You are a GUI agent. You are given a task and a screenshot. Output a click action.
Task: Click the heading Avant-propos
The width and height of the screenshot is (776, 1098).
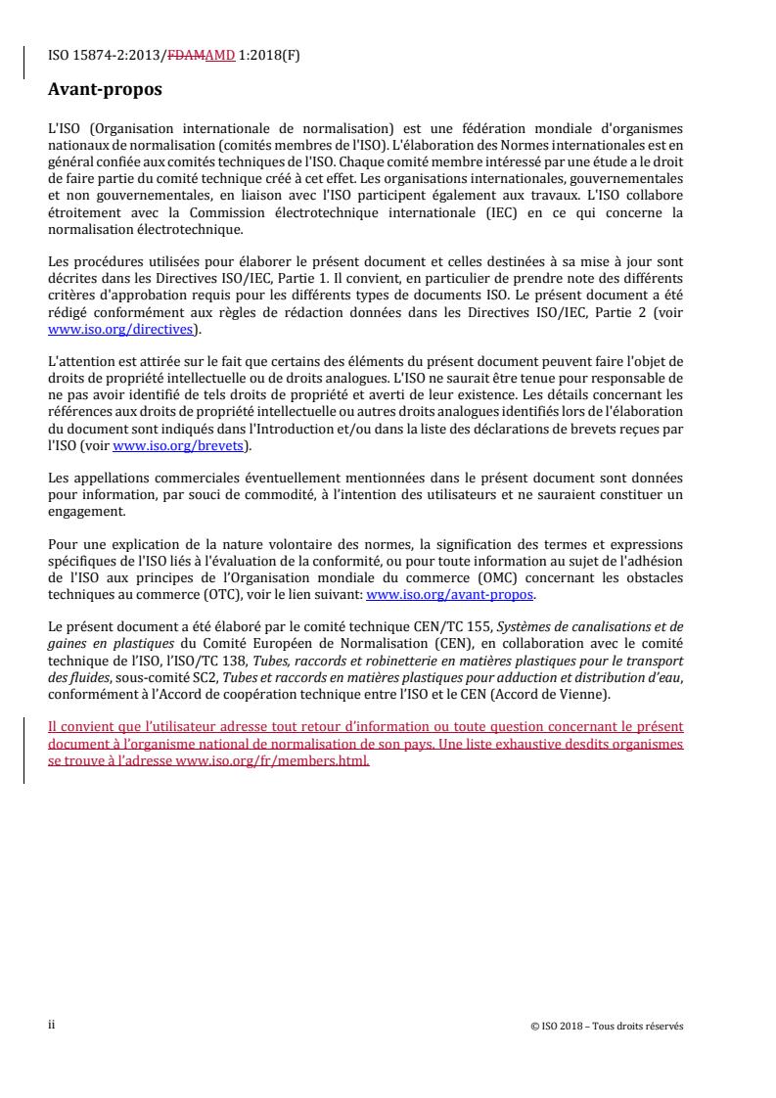(105, 92)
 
